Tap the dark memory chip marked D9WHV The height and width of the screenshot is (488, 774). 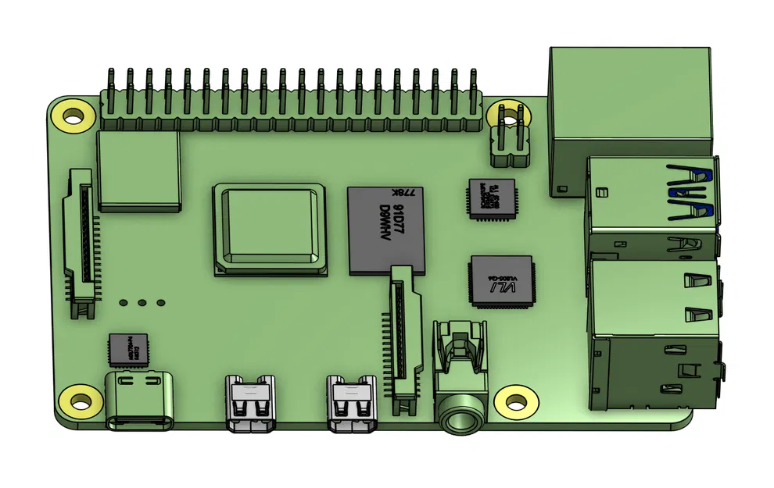387,230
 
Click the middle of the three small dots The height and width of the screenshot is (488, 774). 142,302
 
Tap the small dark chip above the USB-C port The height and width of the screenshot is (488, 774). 127,349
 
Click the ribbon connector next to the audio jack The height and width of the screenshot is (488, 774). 403,336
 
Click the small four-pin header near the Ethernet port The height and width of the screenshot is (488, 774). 509,137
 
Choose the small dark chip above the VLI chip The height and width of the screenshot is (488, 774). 492,198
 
